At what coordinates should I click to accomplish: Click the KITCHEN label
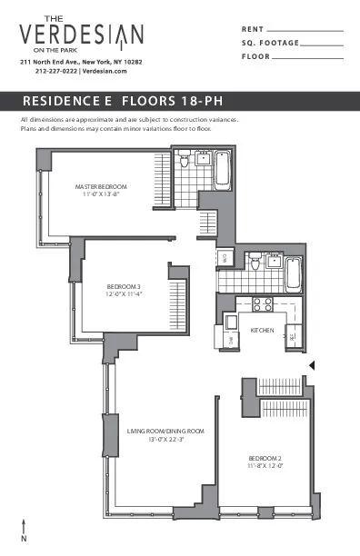[x=262, y=330]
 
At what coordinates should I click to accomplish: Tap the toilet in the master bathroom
[x=185, y=162]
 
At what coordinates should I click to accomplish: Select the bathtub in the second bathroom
[x=293, y=272]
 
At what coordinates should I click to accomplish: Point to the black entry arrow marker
[x=312, y=365]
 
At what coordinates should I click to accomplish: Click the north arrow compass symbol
[x=24, y=530]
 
